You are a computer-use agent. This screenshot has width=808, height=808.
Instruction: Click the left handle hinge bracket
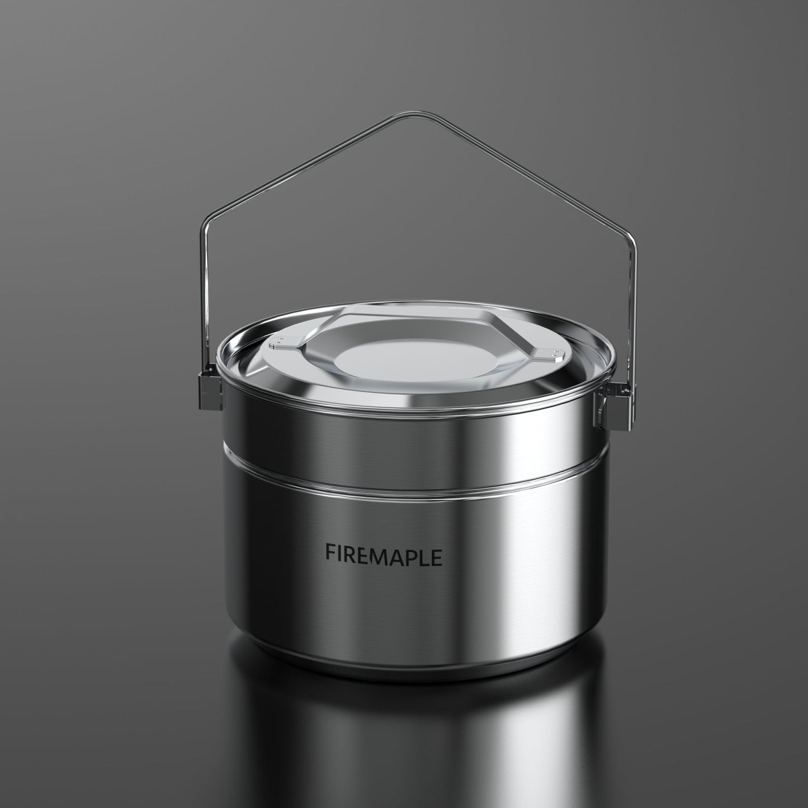207,386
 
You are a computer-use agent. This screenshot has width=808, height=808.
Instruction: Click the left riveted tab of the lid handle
283,344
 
